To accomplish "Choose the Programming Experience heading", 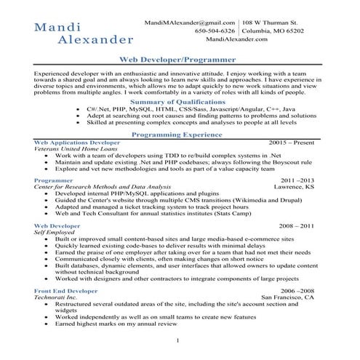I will pos(179,135).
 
